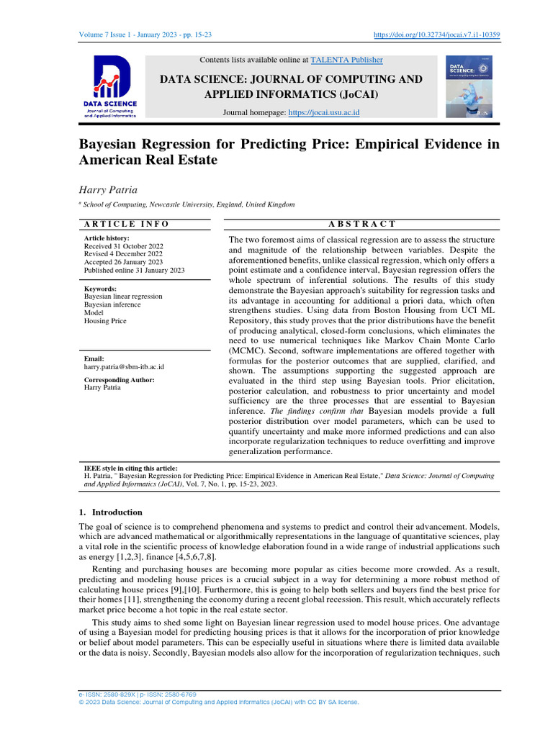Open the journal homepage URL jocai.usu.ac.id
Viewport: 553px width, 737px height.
pos(323,113)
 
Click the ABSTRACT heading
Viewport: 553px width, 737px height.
pos(361,224)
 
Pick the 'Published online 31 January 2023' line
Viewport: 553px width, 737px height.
pos(135,270)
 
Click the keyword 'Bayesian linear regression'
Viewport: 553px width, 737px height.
pos(123,297)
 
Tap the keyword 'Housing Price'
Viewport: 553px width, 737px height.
pos(106,321)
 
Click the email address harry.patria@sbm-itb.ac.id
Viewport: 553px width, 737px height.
pos(124,366)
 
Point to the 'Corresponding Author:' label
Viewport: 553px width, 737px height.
pos(120,379)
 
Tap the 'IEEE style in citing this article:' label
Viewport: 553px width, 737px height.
pos(131,468)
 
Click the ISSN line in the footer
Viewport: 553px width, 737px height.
pos(137,695)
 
